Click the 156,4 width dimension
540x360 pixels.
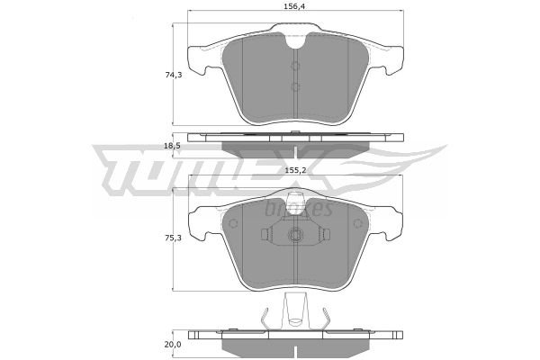[x=295, y=6]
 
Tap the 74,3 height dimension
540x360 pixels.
[x=173, y=75]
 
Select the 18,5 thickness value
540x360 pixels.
[x=173, y=146]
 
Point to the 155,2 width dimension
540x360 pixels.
[x=295, y=170]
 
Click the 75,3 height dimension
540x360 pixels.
[x=173, y=238]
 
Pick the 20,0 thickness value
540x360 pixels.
[x=173, y=344]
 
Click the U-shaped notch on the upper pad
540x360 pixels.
[x=295, y=40]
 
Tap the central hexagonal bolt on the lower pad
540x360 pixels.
[x=295, y=235]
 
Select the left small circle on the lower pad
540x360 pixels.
[x=233, y=224]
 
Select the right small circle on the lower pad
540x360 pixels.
[x=358, y=224]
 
